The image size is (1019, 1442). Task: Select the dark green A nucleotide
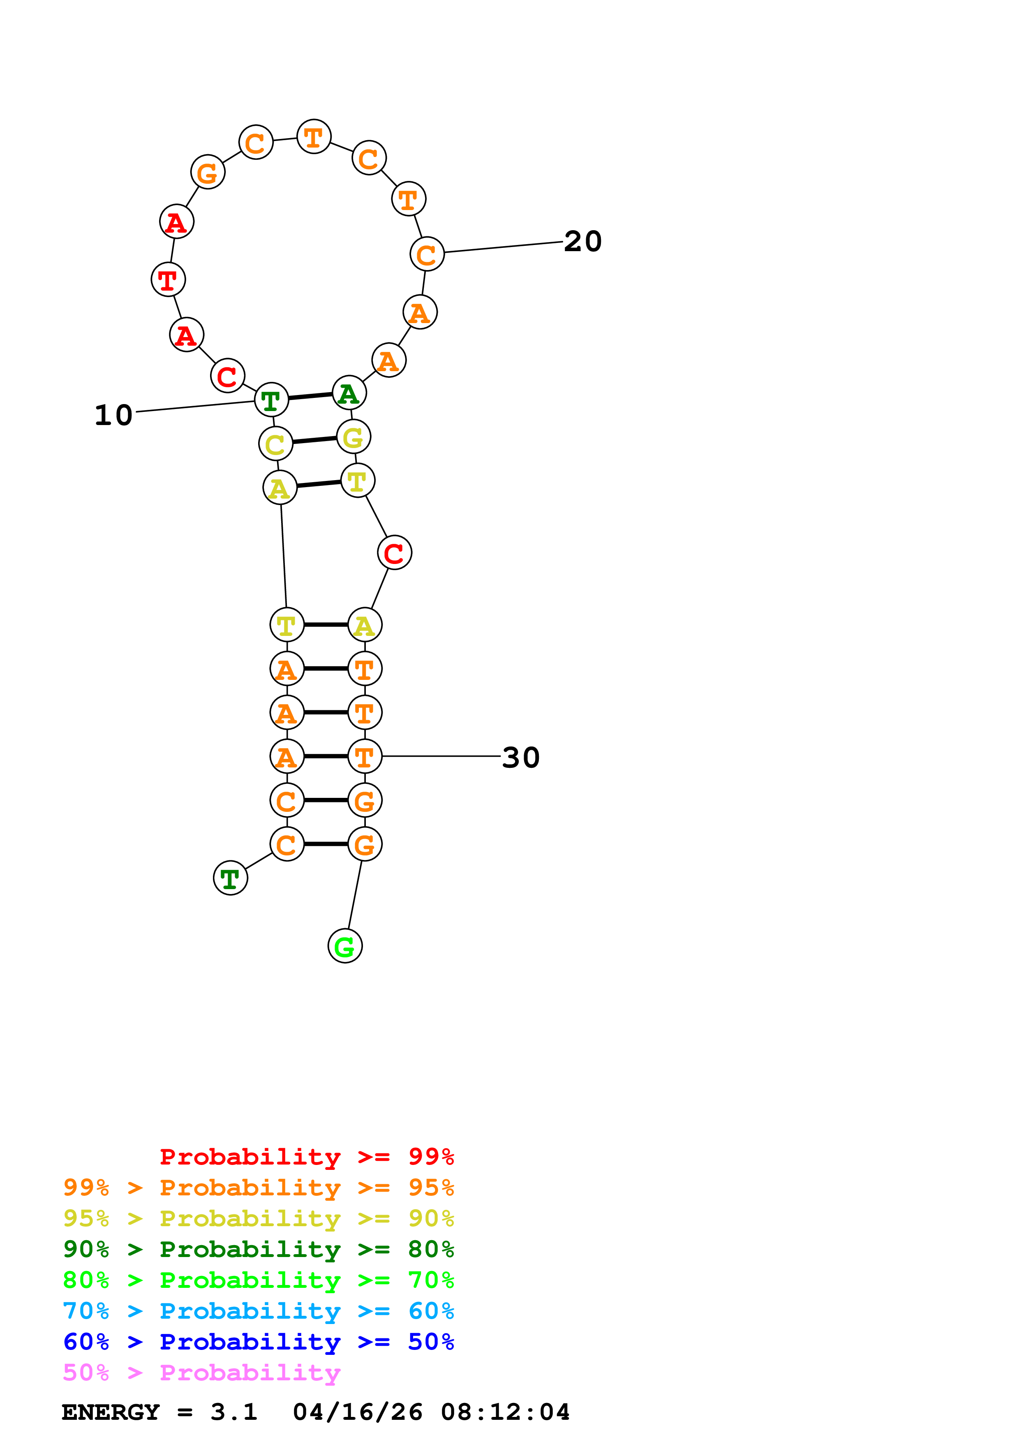(349, 393)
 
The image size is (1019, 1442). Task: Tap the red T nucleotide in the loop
(168, 280)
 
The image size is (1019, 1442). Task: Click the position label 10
(113, 415)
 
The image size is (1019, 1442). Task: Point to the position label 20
(582, 241)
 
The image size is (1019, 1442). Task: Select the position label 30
(520, 758)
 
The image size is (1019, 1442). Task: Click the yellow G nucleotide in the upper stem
(354, 437)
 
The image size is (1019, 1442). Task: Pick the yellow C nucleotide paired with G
(276, 444)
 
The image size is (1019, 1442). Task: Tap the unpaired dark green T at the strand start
(231, 878)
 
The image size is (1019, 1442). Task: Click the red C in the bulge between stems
(394, 553)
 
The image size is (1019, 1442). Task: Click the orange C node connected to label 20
(427, 254)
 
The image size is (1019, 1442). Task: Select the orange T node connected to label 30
(365, 757)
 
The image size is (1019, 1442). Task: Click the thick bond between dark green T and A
(310, 396)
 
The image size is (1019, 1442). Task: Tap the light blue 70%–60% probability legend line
(258, 1311)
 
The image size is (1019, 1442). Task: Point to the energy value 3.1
(233, 1412)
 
